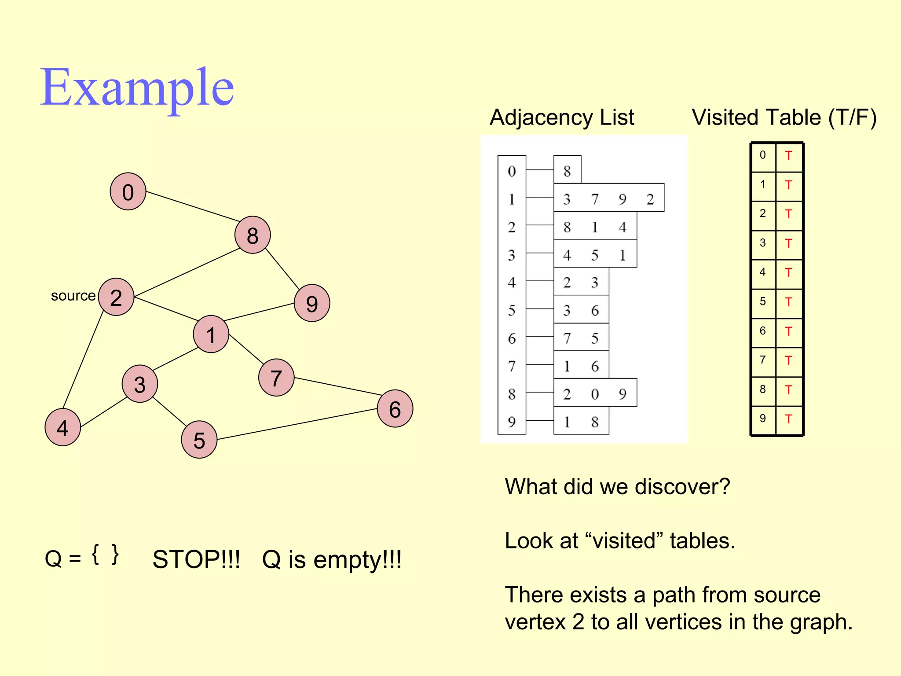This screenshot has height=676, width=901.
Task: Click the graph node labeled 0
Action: click(x=128, y=191)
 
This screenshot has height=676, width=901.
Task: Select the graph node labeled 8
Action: click(x=253, y=235)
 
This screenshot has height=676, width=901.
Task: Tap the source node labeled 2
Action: click(x=116, y=297)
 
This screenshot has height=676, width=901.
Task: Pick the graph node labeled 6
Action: click(x=395, y=409)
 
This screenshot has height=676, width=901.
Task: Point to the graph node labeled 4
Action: click(x=63, y=427)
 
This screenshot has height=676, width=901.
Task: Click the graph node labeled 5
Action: click(x=199, y=440)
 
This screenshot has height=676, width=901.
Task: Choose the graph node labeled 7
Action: click(x=276, y=378)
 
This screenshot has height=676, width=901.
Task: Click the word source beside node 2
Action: click(x=73, y=296)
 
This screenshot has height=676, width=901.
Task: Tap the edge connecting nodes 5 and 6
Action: click(x=297, y=424)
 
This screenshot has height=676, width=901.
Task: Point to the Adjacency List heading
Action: click(x=562, y=118)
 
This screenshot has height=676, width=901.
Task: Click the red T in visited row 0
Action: click(x=788, y=156)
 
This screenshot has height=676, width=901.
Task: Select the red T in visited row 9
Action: click(x=788, y=419)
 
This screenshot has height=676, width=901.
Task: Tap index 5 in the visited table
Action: click(x=763, y=301)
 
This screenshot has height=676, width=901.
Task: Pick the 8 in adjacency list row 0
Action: click(x=567, y=171)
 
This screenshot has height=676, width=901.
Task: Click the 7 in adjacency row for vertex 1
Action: click(x=595, y=199)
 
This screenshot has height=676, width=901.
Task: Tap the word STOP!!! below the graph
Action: click(x=196, y=560)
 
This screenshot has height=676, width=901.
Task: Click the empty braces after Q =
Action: click(x=106, y=555)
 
